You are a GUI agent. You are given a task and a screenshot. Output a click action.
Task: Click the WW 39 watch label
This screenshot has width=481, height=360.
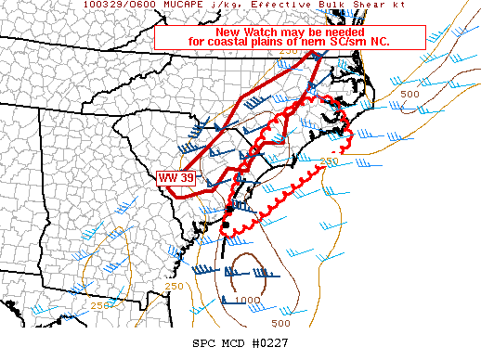pos(175,177)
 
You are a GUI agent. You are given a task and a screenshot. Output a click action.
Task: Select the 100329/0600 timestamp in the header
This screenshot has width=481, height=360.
pos(119,5)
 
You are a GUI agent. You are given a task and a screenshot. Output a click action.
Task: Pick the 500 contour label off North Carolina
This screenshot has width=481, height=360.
pos(409,94)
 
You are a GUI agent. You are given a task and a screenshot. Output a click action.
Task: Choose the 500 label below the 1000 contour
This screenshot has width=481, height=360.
pos(280,323)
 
